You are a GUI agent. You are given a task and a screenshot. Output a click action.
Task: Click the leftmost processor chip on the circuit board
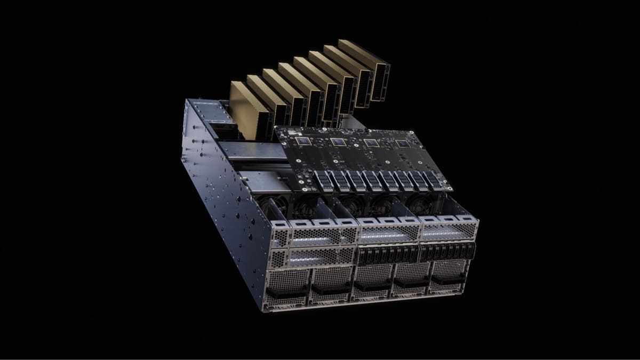tap(304, 141)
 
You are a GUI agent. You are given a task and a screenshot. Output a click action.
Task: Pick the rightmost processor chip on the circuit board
tap(401, 144)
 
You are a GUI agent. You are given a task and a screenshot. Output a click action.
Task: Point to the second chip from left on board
tap(337, 142)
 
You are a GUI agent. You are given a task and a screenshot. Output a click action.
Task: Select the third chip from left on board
tap(370, 143)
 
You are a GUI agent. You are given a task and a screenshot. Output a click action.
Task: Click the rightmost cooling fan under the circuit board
tap(421, 203)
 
